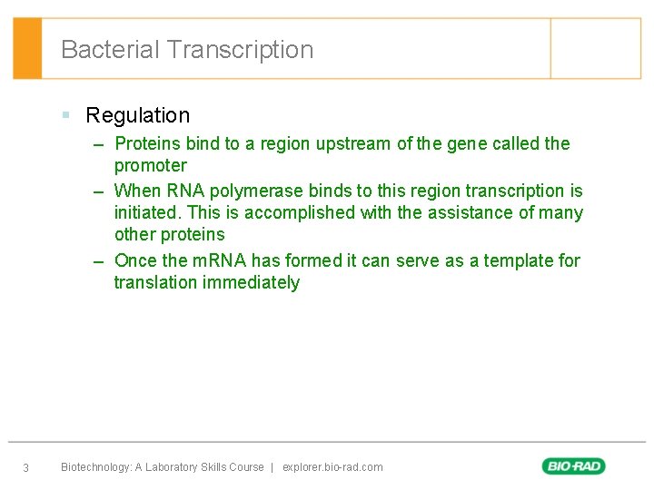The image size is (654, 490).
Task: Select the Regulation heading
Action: pos(137,115)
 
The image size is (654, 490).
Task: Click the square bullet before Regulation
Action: pos(66,115)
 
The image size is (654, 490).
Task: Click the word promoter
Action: pos(150,165)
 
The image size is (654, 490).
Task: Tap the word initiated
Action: pos(146,212)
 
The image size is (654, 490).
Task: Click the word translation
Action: pos(155,282)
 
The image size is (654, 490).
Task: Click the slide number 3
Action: pos(25,468)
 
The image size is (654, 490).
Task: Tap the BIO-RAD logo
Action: pos(574,466)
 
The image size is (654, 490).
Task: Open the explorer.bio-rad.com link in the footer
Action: pos(332,467)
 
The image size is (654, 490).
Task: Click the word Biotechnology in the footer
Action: pos(95,467)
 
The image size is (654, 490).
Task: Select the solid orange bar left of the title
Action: pos(27,49)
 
